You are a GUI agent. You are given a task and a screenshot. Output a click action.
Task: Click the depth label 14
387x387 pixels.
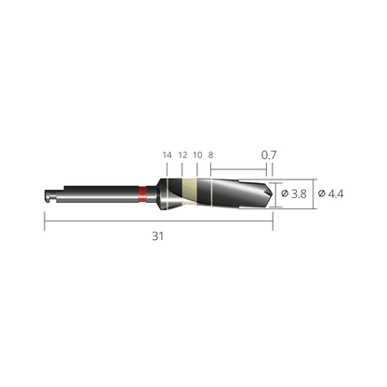click(167, 154)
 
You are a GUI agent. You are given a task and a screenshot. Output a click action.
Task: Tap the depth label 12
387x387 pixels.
click(183, 154)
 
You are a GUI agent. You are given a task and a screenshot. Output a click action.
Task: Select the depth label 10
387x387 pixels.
click(197, 154)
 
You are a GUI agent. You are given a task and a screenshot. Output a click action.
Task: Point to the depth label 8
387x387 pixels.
click(211, 154)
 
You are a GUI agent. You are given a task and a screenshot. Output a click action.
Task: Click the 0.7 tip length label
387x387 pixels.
click(269, 154)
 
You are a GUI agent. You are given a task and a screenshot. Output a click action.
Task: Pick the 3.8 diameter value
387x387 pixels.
click(299, 193)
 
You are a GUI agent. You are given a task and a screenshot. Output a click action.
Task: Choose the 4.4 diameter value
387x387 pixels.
click(336, 193)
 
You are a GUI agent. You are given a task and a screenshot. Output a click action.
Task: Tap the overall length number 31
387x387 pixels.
click(157, 236)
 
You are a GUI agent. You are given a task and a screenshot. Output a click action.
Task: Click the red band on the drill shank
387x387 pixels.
click(142, 194)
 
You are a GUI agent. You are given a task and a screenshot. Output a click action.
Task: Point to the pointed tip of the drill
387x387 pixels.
click(273, 194)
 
